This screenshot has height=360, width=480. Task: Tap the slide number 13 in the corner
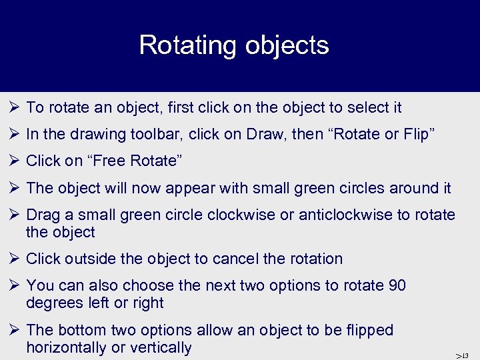(464, 355)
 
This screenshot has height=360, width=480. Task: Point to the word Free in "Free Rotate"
(100, 161)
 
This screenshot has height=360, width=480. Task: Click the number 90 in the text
(395, 285)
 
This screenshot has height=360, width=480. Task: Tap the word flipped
(369, 330)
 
